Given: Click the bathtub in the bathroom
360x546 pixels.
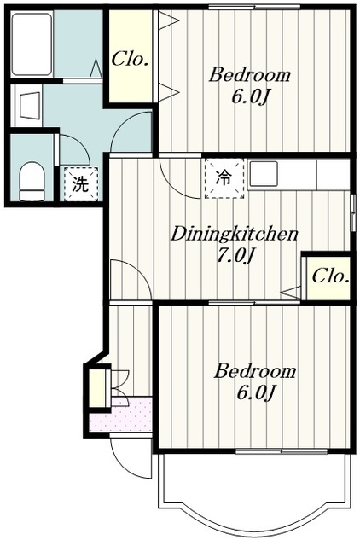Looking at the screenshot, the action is click(32, 44).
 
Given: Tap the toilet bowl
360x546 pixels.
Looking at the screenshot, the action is click(32, 181).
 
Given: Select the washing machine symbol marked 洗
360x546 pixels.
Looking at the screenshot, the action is click(81, 184).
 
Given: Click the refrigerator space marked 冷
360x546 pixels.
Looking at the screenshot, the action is click(224, 178).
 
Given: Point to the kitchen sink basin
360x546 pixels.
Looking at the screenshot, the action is click(264, 174).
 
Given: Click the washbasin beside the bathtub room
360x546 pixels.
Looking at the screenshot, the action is click(28, 106).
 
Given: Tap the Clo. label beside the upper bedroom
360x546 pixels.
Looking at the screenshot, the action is click(130, 59).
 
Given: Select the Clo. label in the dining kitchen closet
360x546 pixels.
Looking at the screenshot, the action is click(330, 276).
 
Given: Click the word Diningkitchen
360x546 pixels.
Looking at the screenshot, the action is click(234, 235).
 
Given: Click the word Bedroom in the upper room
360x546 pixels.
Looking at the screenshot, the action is click(249, 75).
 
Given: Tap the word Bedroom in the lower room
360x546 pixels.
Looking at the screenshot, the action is click(254, 371).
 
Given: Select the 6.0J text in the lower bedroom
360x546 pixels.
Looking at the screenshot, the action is click(256, 393).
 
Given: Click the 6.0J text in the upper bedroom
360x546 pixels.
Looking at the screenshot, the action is click(250, 97).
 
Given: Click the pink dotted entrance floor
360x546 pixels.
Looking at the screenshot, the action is click(121, 415).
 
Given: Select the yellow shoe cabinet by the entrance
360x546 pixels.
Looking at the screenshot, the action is click(97, 388).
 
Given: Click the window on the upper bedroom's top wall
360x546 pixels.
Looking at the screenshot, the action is click(254, 7).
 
